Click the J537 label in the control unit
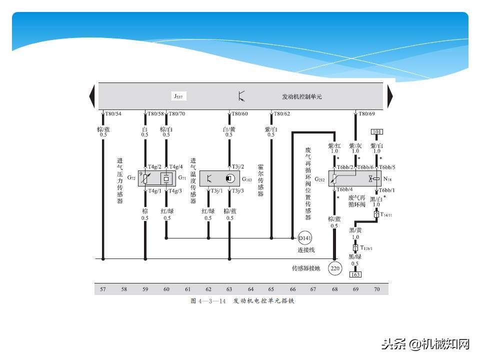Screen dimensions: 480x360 coord(179,96)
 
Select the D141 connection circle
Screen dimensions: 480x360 coord(304,237)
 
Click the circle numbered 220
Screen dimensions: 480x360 coord(334,269)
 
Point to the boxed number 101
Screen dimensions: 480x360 coord(376,132)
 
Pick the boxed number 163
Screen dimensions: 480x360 coord(355,274)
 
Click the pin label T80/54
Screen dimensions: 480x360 coord(113,114)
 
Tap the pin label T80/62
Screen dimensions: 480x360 coord(281,114)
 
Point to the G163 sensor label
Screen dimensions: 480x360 coord(247,179)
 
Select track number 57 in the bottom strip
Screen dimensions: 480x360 coord(103,289)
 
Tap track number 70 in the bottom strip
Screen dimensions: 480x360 coord(376,289)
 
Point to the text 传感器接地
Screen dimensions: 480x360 coord(306,268)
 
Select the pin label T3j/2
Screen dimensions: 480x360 coord(238,167)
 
